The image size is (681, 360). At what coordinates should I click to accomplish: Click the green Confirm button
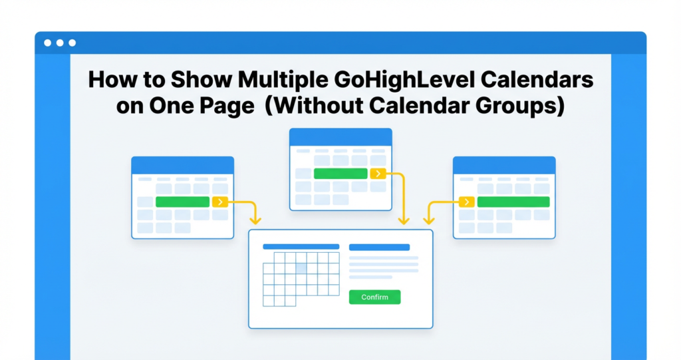tap(374, 297)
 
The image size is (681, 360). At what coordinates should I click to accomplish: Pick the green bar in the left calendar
tap(182, 202)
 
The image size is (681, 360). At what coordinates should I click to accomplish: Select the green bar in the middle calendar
tap(340, 174)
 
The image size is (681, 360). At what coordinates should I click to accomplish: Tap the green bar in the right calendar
tap(513, 202)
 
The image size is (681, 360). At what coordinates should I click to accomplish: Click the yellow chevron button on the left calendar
tap(220, 202)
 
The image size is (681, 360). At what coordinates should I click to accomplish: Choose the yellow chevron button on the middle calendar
tap(378, 174)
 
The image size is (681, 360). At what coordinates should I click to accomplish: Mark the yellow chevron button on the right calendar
tap(468, 202)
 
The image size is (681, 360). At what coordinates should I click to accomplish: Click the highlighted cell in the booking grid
tap(301, 268)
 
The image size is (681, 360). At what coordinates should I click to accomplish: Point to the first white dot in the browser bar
tap(47, 43)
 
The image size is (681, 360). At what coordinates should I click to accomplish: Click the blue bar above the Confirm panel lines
tap(379, 247)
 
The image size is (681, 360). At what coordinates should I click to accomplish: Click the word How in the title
tap(110, 81)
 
